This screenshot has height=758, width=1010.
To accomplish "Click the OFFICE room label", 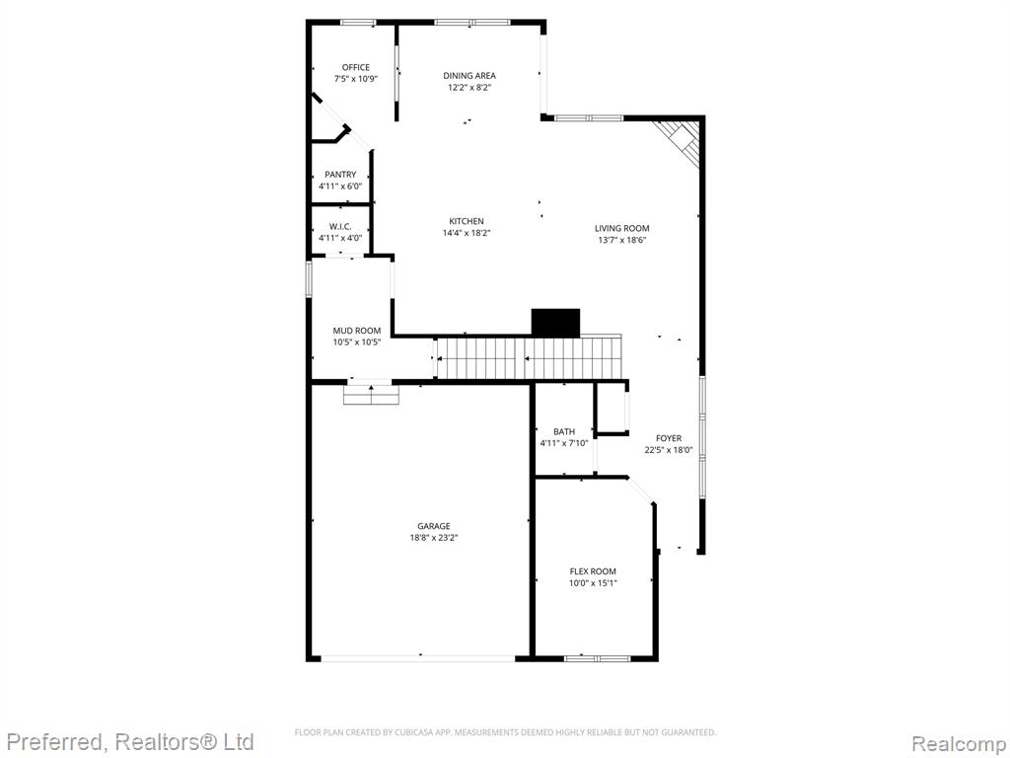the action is pos(355,67).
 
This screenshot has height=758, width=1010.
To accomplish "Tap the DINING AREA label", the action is pos(469,75).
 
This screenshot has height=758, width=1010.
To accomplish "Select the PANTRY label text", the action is pos(340,175).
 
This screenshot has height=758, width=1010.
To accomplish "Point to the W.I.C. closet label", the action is pos(340,226).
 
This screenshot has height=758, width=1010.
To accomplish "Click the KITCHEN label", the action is pos(467,221).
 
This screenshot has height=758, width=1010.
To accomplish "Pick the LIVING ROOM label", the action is pos(621,228).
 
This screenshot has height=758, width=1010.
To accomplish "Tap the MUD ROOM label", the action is pos(356,331).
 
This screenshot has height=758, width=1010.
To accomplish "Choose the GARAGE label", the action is pos(434,526).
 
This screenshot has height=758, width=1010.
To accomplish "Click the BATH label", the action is pos(563,431).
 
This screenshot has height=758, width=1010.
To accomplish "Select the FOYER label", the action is pos(669,438).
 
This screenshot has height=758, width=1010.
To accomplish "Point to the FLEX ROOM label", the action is pos(593,571).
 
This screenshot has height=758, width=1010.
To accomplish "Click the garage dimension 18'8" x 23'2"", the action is pos(434,538).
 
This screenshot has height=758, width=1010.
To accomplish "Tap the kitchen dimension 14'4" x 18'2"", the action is pos(467,233).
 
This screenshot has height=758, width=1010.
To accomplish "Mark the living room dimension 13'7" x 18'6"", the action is pos(621,240).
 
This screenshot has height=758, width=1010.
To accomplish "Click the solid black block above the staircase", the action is pos(555,323).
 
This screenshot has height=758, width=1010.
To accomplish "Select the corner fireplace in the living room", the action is pos(680,143).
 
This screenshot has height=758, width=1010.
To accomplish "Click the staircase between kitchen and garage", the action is pos(529,357).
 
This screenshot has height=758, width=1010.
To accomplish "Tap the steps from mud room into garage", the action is pos(371,395).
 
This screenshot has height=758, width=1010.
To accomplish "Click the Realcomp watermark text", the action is pos(958,744).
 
